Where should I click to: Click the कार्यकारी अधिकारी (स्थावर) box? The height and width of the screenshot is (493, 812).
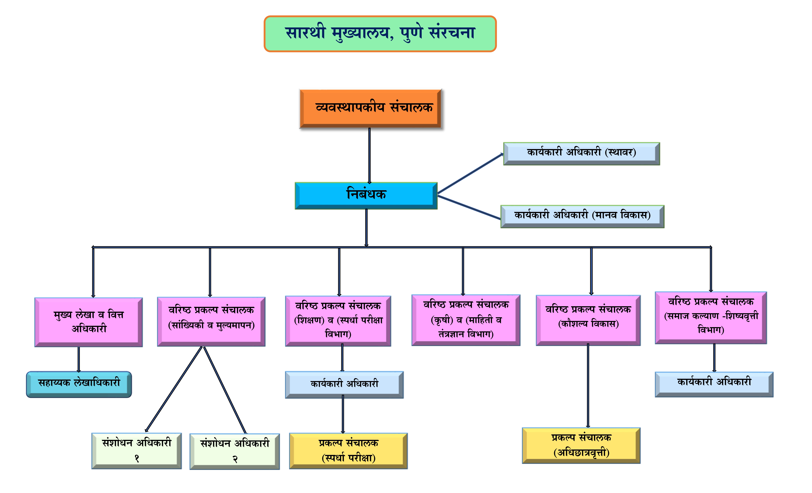581,153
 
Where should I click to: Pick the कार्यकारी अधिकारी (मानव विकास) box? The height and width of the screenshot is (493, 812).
582,216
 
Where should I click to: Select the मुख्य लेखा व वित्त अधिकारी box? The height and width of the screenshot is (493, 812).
89,322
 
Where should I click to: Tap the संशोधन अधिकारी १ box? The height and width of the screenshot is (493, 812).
136,450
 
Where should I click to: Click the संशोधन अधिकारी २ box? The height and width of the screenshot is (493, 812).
235,451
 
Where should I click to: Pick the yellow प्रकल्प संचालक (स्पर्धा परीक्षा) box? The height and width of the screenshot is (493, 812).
348,450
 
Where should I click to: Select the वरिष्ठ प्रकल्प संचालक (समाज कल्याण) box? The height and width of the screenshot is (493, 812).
711,317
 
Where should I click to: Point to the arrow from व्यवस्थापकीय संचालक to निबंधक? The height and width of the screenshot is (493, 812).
369,155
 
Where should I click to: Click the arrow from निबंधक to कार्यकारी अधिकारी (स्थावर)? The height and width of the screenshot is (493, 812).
470,173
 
